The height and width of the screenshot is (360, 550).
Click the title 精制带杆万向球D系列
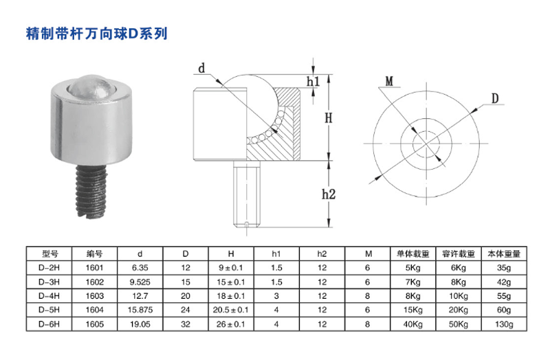(x=96, y=33)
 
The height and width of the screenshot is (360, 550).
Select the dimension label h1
(x=313, y=82)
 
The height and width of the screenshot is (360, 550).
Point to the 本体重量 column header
(x=504, y=254)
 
